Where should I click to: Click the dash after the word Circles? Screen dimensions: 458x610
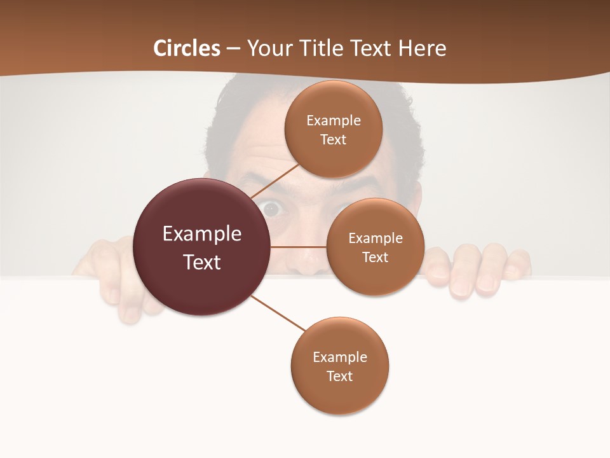233,48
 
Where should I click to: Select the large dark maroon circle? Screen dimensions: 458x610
201,247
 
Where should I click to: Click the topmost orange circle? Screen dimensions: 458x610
333,129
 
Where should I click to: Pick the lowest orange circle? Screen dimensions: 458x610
339,366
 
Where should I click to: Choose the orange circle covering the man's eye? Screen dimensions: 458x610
375,247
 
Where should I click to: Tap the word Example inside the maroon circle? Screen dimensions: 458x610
202,233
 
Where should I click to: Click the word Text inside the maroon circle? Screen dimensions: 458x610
202,261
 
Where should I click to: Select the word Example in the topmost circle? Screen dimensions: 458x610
333,120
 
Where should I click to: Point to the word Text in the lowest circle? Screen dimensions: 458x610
339,376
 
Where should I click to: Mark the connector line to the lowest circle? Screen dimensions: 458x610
278,313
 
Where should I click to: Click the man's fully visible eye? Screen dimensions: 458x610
272,209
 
